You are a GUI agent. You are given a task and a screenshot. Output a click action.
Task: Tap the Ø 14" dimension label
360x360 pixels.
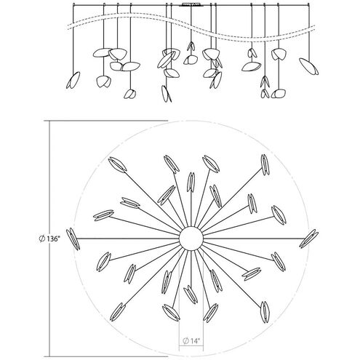(192, 340)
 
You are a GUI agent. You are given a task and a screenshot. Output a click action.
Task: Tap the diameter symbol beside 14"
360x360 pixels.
(185, 340)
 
